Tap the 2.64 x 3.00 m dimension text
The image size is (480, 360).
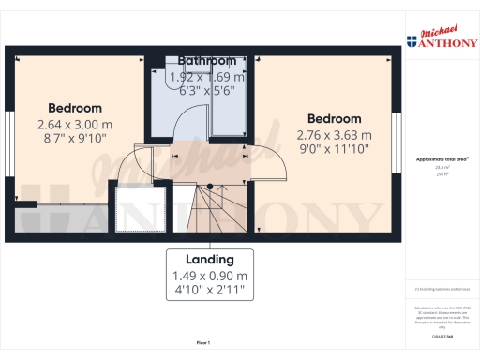tap(75, 124)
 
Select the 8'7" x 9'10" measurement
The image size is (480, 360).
tap(75, 139)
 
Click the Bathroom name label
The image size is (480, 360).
tap(211, 61)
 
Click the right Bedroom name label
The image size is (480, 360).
tap(335, 119)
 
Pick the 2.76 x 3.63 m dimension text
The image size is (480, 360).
tap(335, 134)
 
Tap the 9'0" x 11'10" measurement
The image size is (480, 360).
tap(335, 148)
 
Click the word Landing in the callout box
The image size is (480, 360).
tap(210, 259)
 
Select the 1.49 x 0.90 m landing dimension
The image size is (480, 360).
tap(210, 276)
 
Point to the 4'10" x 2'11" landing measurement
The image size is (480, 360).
tap(210, 292)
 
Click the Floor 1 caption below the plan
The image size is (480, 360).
tap(202, 343)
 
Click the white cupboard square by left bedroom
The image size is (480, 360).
tap(139, 206)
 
